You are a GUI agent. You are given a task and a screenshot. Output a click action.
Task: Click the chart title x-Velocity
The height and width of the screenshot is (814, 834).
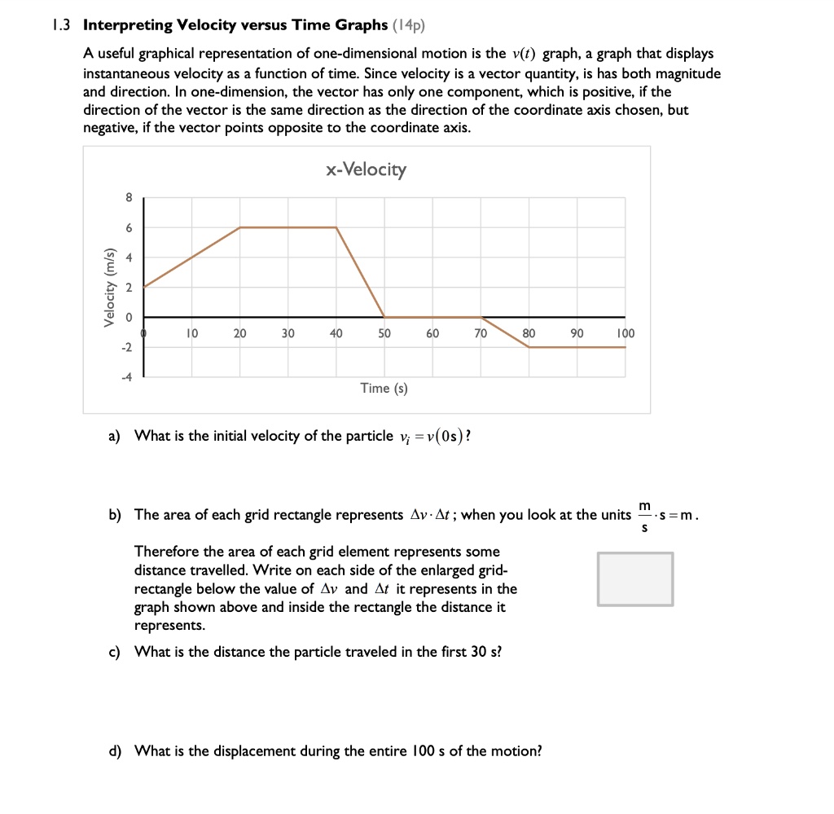[x=366, y=169]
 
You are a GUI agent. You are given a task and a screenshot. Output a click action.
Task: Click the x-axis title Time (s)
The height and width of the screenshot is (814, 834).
[x=384, y=389]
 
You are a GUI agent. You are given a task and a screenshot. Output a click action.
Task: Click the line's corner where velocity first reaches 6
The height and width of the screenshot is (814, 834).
[x=239, y=227]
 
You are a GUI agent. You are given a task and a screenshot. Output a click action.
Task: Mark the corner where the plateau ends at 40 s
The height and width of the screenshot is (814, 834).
[x=336, y=227]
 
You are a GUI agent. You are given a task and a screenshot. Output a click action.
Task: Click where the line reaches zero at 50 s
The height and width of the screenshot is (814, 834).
[x=384, y=317]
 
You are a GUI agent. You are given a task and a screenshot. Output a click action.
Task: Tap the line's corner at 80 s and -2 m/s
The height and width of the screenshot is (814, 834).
[x=529, y=347]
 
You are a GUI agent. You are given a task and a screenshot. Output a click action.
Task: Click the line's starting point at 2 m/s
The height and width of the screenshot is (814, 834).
[x=144, y=287]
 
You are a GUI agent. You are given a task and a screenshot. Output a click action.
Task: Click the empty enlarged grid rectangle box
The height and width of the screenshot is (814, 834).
[x=635, y=579]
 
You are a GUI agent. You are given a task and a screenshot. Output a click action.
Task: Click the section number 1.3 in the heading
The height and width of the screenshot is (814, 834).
[x=60, y=25]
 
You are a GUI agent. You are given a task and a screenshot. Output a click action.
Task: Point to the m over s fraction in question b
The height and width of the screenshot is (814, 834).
[x=644, y=515]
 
